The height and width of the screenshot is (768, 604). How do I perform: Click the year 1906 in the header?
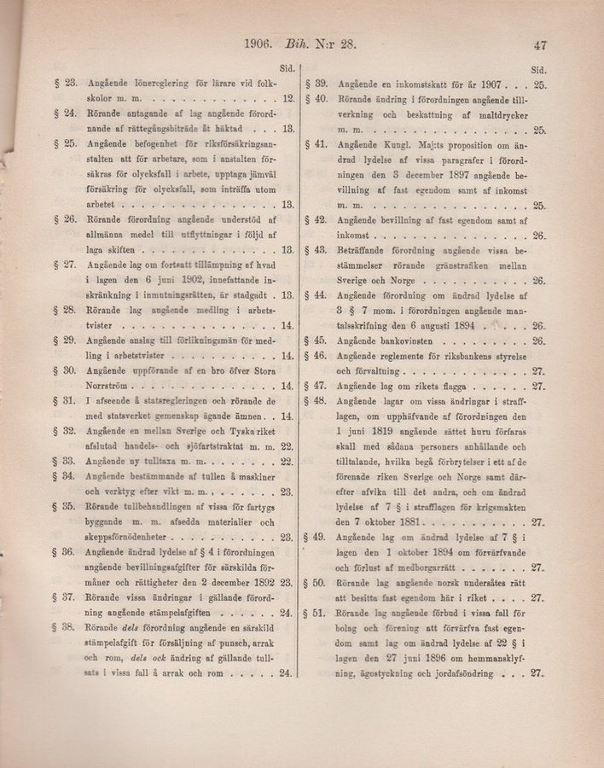(x=257, y=47)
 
